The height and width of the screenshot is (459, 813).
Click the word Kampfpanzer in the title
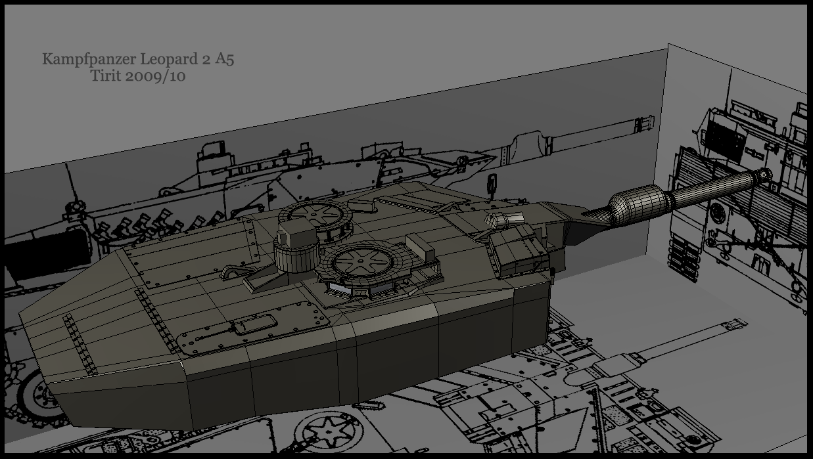click(89, 59)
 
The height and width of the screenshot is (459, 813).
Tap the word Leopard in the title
click(169, 59)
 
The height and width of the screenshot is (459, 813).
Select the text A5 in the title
click(224, 58)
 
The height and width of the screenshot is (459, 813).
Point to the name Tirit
click(106, 76)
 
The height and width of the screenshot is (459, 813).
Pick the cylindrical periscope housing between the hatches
click(296, 253)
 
